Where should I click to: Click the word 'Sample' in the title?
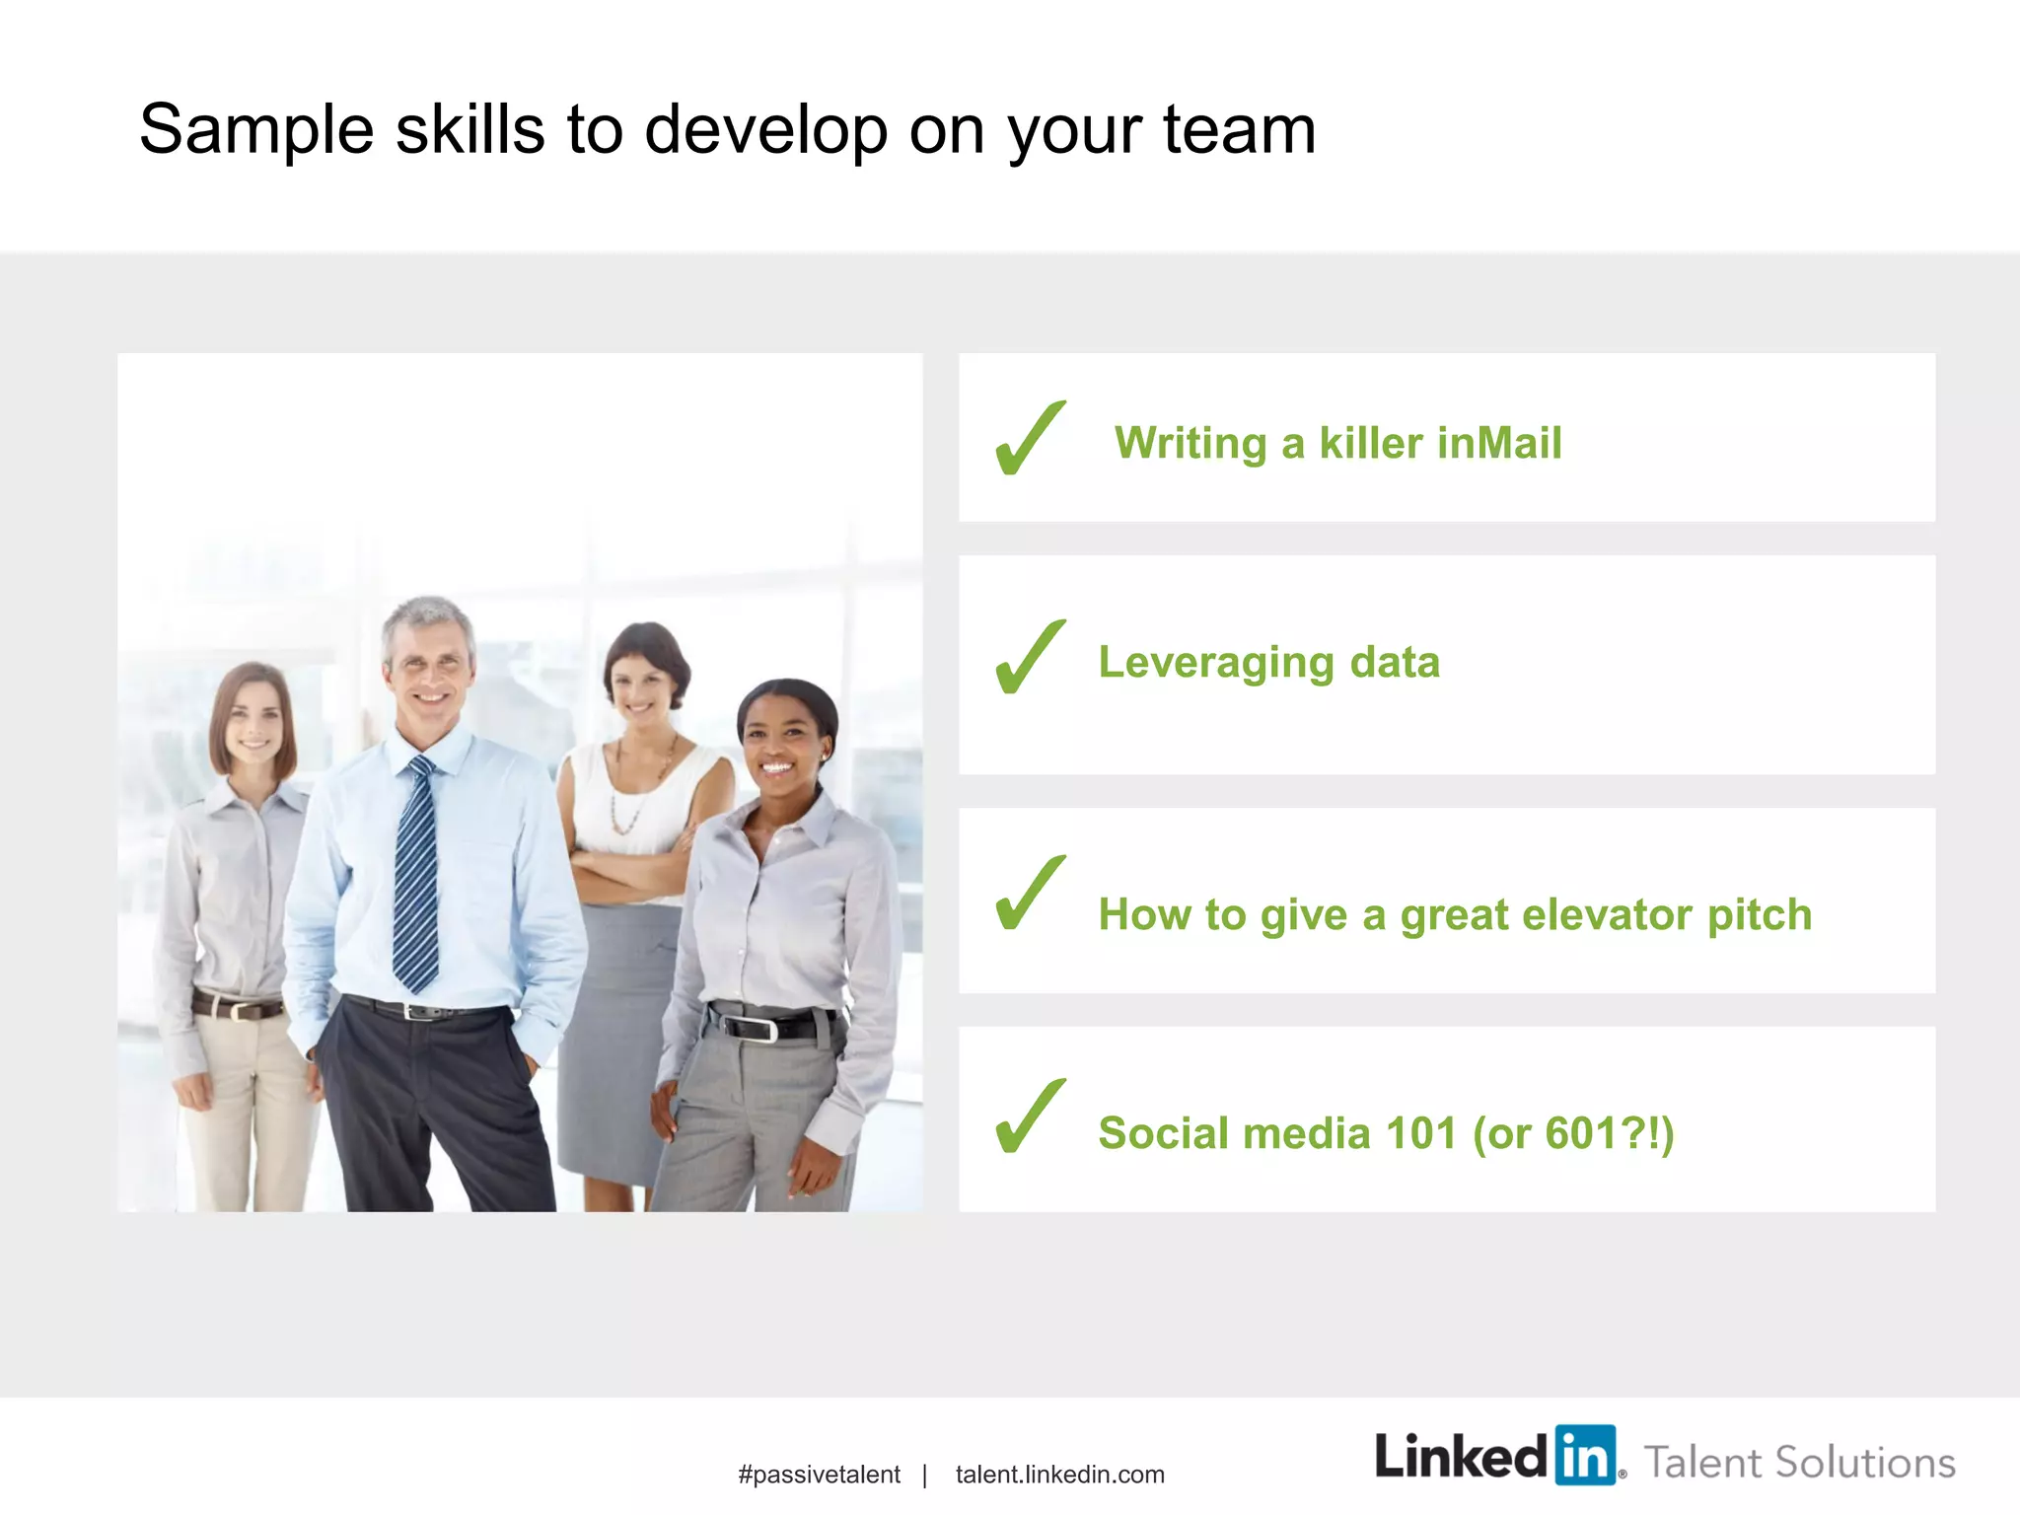(256, 130)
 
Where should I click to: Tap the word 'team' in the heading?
(1239, 130)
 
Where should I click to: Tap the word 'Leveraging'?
(1215, 663)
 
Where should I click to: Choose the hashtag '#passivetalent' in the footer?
(819, 1475)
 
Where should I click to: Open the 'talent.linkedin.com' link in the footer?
(1059, 1475)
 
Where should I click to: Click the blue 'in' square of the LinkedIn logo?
(1586, 1455)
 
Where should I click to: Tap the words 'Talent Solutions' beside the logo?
(1799, 1463)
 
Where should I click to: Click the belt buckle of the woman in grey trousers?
(760, 1028)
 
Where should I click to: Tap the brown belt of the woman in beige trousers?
(237, 1007)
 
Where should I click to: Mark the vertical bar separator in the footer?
(925, 1476)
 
